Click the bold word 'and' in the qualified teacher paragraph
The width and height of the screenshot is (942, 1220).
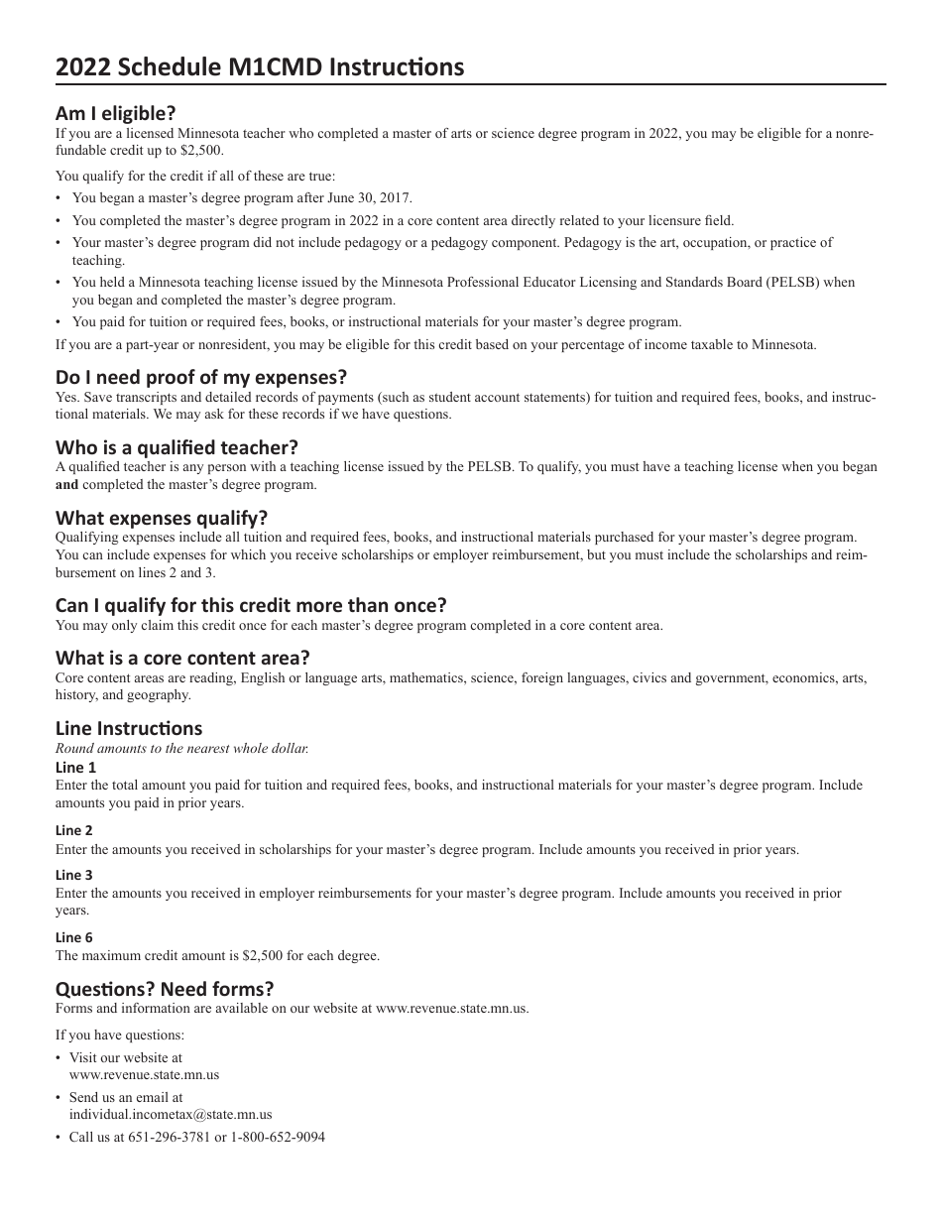66,485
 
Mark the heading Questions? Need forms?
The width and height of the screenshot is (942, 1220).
165,989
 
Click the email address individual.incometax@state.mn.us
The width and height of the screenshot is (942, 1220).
170,1115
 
